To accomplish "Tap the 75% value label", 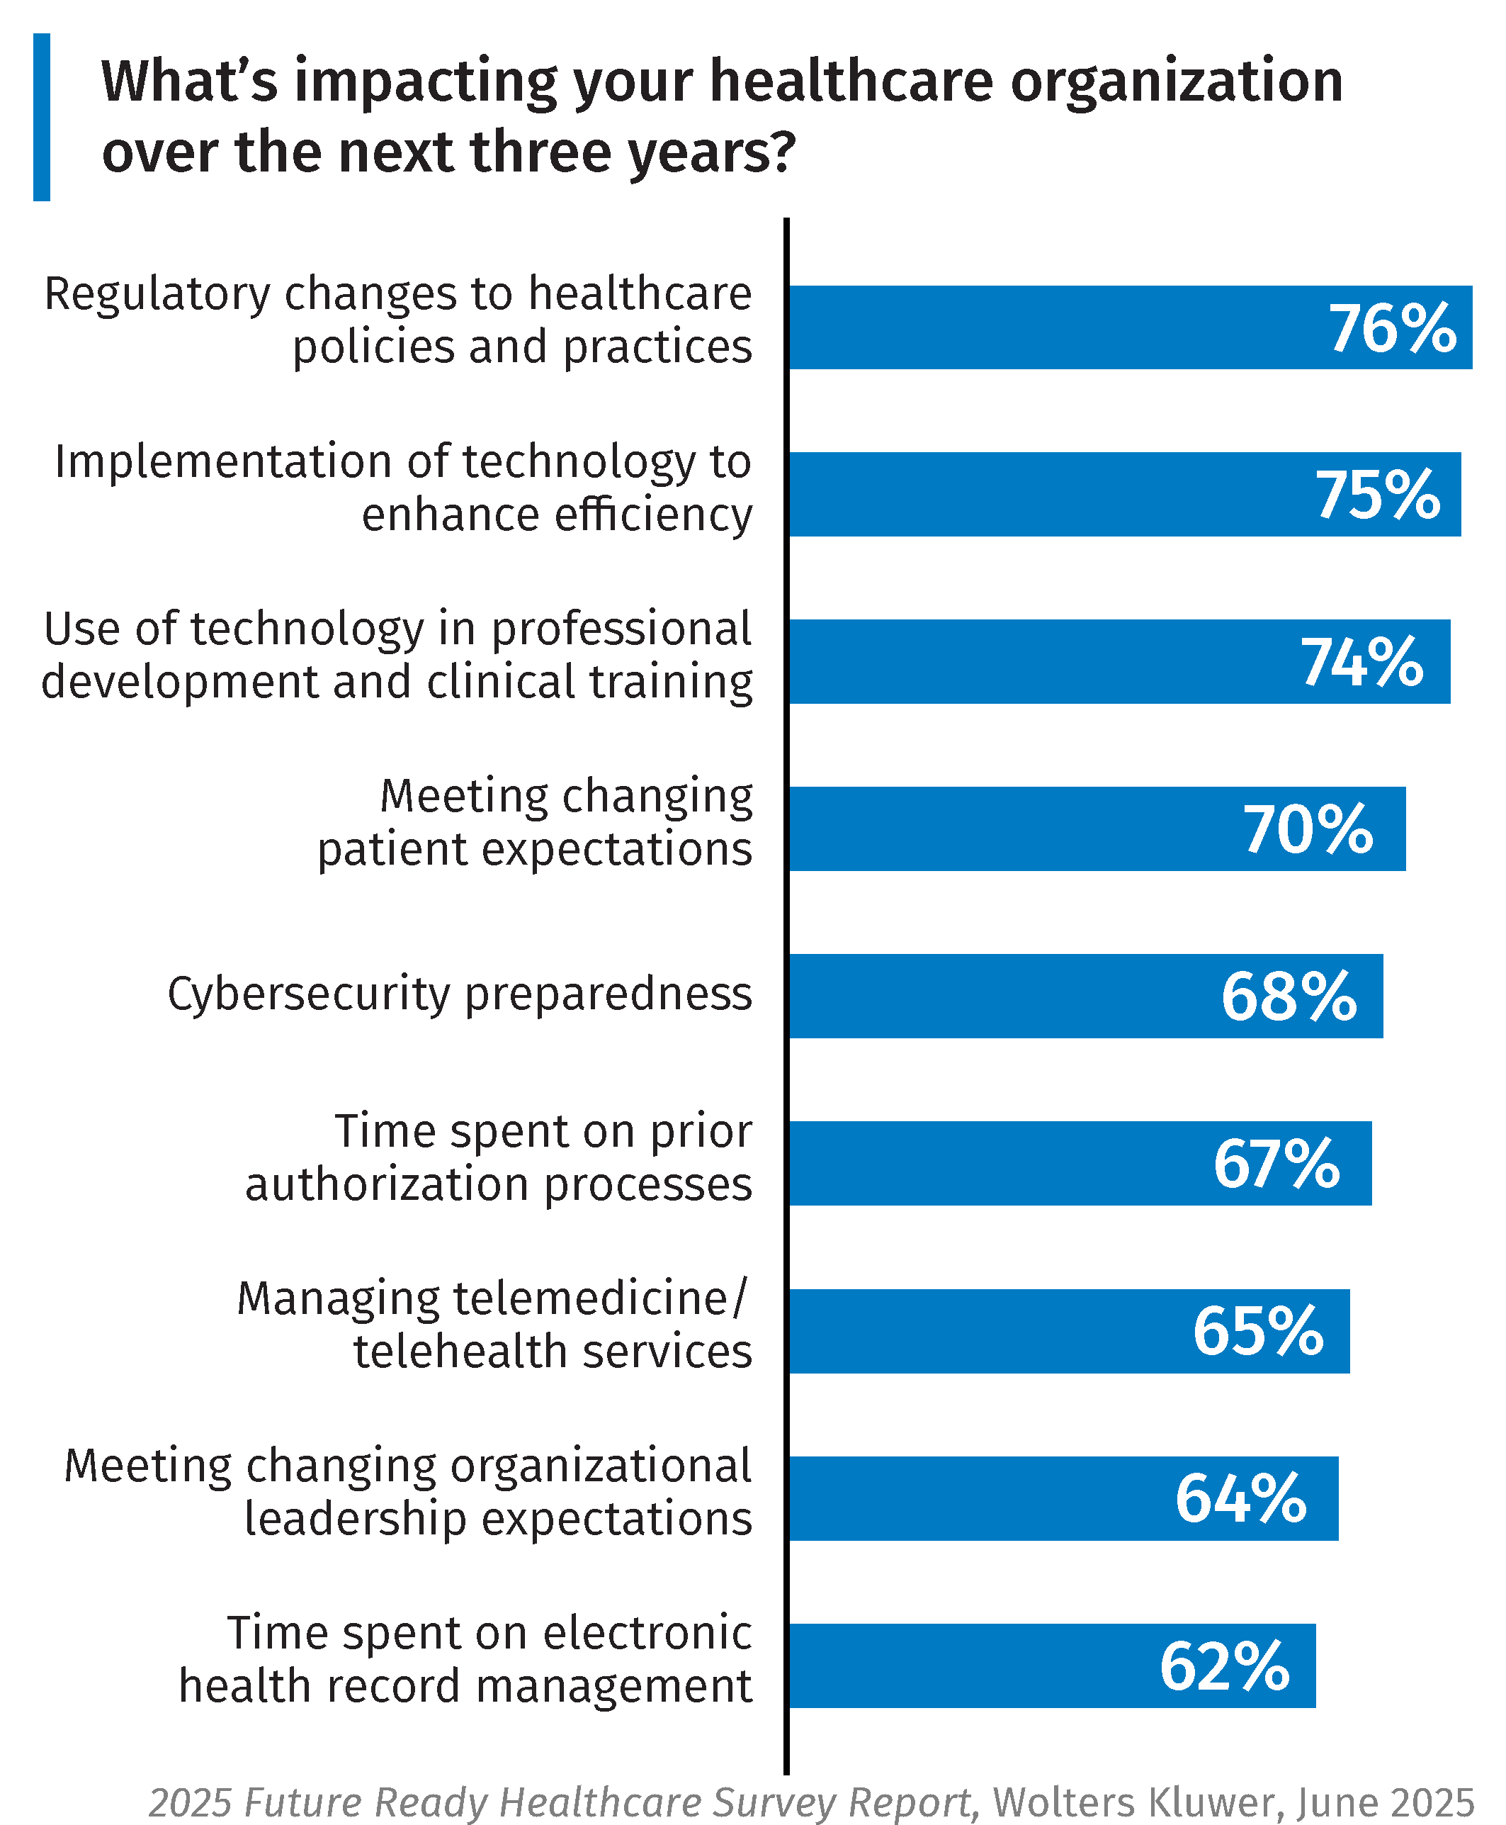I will pyautogui.click(x=1378, y=495).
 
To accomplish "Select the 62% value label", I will pyautogui.click(x=1224, y=1666).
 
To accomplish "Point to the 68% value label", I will pyautogui.click(x=1289, y=996).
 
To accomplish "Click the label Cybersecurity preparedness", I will pyautogui.click(x=460, y=994).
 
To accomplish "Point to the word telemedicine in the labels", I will pyautogui.click(x=590, y=1299).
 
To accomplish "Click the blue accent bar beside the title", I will pyautogui.click(x=42, y=117).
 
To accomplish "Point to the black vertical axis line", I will pyautogui.click(x=786, y=998).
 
